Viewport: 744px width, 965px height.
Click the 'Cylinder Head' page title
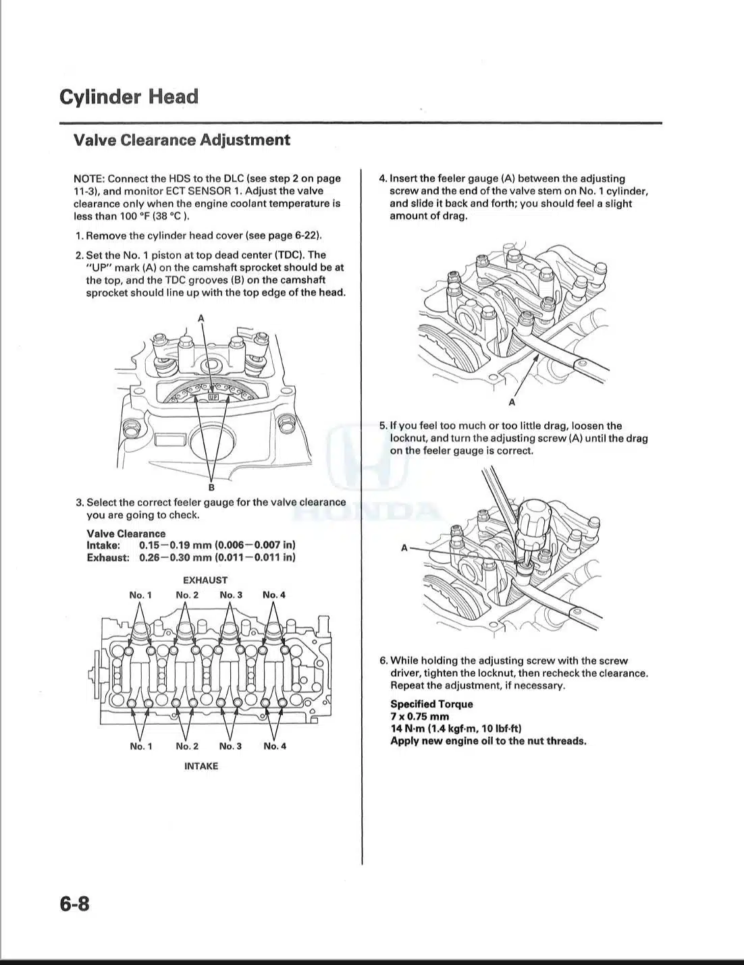pyautogui.click(x=129, y=97)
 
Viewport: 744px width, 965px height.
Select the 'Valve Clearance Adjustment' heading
pyautogui.click(x=182, y=140)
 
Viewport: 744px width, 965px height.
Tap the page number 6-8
pyautogui.click(x=74, y=904)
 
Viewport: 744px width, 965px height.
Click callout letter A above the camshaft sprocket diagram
pyautogui.click(x=201, y=318)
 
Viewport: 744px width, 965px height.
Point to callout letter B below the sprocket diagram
pyautogui.click(x=211, y=487)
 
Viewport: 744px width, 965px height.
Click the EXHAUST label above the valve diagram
pyautogui.click(x=205, y=580)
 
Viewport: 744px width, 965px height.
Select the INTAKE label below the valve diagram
pyautogui.click(x=201, y=766)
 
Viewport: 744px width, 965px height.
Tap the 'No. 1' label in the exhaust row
pyautogui.click(x=140, y=595)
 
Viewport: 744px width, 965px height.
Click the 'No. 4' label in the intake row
pyautogui.click(x=275, y=746)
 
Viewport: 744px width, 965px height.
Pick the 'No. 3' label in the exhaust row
pyautogui.click(x=231, y=595)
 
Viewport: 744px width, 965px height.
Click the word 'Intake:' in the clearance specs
pyautogui.click(x=103, y=545)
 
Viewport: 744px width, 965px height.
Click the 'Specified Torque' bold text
pyautogui.click(x=431, y=705)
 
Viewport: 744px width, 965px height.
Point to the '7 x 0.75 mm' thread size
pyautogui.click(x=419, y=717)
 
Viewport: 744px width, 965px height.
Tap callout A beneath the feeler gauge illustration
pyautogui.click(x=512, y=402)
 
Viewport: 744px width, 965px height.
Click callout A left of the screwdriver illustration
pyautogui.click(x=404, y=548)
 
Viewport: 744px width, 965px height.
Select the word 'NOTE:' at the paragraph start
pyautogui.click(x=89, y=179)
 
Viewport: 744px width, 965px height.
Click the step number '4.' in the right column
pyautogui.click(x=383, y=179)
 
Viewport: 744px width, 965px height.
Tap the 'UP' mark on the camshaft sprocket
pyautogui.click(x=213, y=397)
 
